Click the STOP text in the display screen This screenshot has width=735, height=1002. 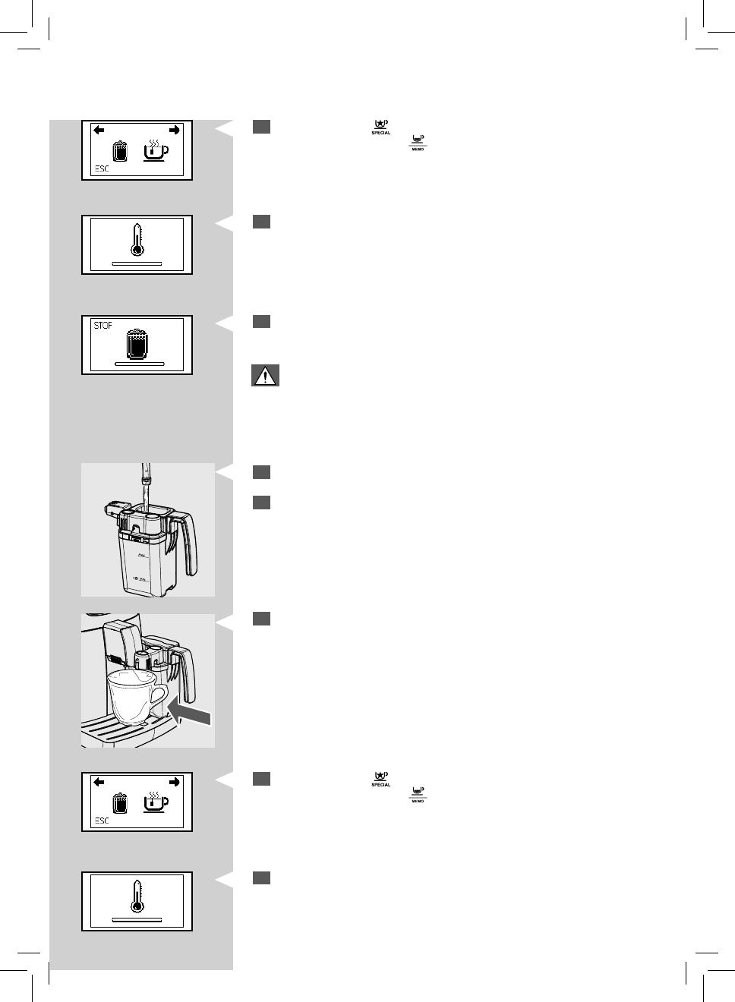[103, 325]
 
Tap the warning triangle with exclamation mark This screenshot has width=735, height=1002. [265, 376]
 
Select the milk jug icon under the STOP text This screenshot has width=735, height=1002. [137, 343]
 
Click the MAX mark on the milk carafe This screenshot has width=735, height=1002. [143, 556]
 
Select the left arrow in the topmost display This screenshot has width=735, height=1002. [99, 131]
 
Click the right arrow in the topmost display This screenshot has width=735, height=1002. [175, 131]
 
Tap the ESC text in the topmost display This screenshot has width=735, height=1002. [102, 169]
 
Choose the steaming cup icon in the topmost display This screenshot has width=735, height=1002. [156, 150]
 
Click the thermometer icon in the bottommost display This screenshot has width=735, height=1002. [137, 896]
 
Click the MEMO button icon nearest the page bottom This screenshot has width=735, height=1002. [417, 795]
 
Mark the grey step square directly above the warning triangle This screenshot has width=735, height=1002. [261, 322]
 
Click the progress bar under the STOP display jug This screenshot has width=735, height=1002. [139, 364]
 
